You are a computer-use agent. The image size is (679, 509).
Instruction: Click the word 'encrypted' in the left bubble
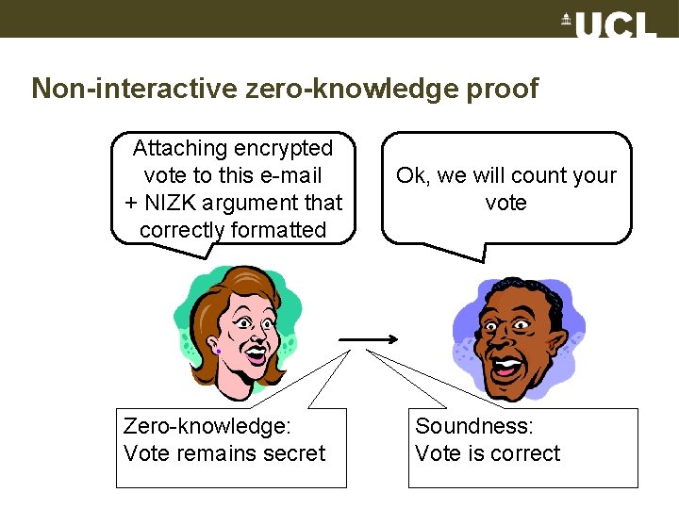[x=286, y=148]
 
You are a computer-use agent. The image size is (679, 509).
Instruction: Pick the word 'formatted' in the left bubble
[x=280, y=230]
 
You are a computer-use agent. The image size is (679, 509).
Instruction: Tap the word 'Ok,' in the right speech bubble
[x=411, y=175]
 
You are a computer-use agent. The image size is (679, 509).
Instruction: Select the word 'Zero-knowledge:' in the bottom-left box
[x=207, y=426]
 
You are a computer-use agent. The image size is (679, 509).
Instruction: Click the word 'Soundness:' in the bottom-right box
[x=474, y=426]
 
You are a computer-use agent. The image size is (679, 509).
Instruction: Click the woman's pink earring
[x=218, y=351]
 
